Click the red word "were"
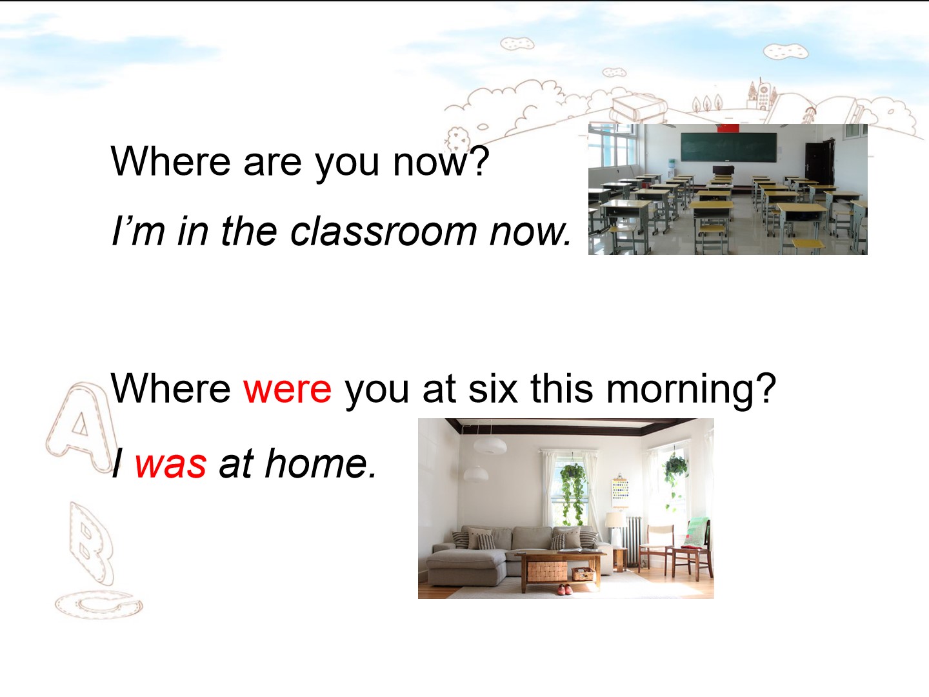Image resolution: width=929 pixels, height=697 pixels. pyautogui.click(x=287, y=389)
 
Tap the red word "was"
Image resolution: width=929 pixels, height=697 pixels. pyautogui.click(x=170, y=464)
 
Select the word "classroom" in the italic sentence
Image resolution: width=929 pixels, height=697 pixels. pyautogui.click(x=383, y=232)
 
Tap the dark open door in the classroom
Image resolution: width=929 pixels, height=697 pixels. pyautogui.click(x=819, y=163)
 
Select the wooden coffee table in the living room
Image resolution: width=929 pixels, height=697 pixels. pyautogui.click(x=561, y=570)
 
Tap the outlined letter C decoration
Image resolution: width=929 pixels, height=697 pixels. pyautogui.click(x=99, y=604)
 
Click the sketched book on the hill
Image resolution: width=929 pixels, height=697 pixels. pyautogui.click(x=638, y=108)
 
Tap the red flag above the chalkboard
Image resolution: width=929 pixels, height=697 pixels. pyautogui.click(x=728, y=128)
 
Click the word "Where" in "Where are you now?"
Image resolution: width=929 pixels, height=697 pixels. pyautogui.click(x=170, y=161)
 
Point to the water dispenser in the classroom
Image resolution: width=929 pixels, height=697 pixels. pyautogui.click(x=671, y=169)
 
